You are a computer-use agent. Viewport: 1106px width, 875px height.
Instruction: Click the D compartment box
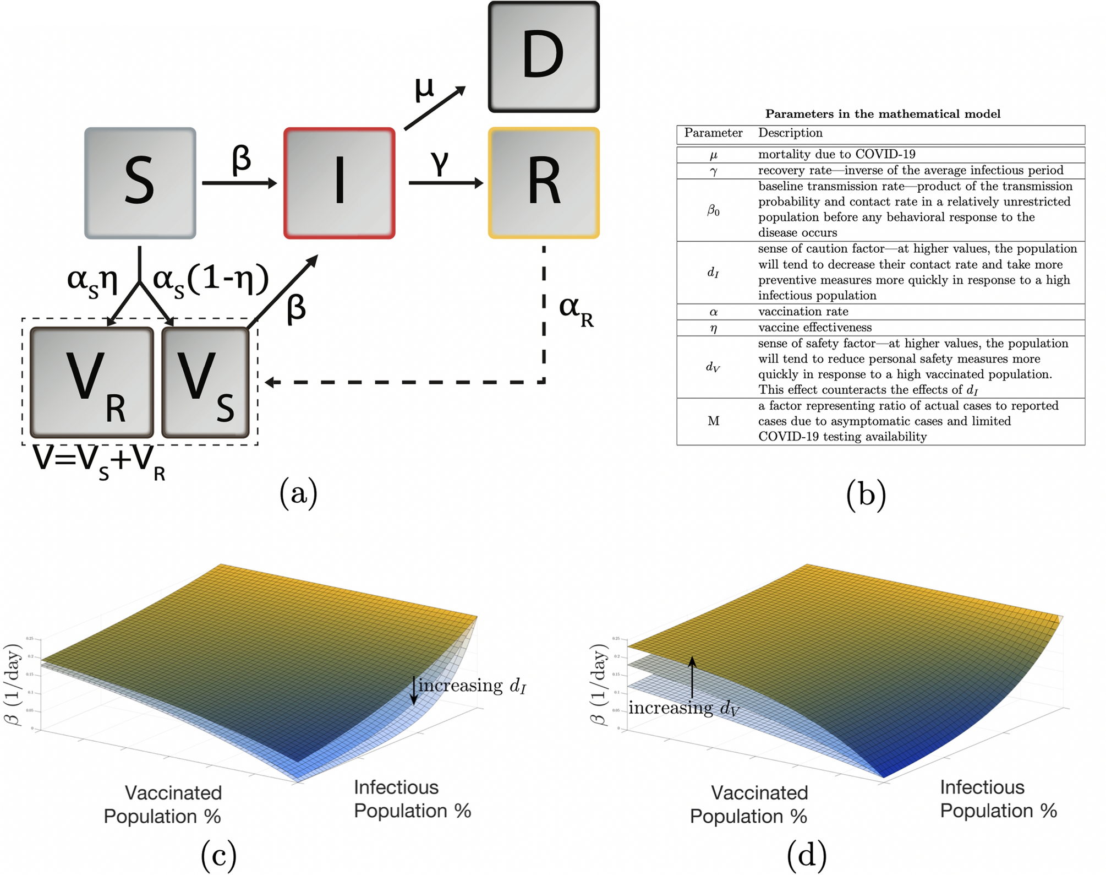coord(544,57)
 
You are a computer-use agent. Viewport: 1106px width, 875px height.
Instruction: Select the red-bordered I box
coord(339,183)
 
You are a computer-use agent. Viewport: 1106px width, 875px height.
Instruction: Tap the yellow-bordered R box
coord(544,183)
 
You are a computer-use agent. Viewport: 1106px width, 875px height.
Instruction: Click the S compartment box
coord(140,183)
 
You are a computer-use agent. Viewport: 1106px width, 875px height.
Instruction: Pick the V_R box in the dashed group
coord(92,382)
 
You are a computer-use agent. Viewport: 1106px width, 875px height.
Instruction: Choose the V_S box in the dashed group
coord(205,382)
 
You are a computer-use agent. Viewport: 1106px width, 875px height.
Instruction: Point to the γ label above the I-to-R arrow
coord(440,163)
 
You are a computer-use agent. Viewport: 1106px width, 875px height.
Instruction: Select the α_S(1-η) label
coord(211,280)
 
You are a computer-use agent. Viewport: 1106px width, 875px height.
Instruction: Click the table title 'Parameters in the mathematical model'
coord(883,114)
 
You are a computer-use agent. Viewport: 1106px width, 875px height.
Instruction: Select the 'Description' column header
coord(790,133)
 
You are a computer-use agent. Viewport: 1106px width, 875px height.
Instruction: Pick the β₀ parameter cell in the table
coord(713,210)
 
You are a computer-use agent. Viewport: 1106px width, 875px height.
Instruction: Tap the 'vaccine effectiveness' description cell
coord(815,328)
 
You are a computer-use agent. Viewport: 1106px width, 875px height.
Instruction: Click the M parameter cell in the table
coord(713,421)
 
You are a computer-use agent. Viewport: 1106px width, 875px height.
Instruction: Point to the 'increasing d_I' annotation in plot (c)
coord(472,686)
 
